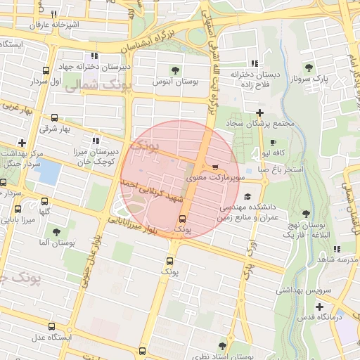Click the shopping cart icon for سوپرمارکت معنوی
coord(215,167)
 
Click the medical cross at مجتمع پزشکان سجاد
coord(259,112)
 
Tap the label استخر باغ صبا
coord(281,169)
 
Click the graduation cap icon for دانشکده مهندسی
coord(247,198)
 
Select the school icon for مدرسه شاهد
coord(337,249)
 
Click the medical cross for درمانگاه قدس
coord(319,307)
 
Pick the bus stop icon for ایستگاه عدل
coord(52,326)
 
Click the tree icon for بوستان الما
coord(56,231)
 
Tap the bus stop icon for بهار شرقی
coord(55,118)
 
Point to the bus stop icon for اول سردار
coord(46,71)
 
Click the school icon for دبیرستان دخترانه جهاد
coord(94,56)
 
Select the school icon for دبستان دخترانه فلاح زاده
coord(255,63)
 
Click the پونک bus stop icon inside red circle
coord(182,219)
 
